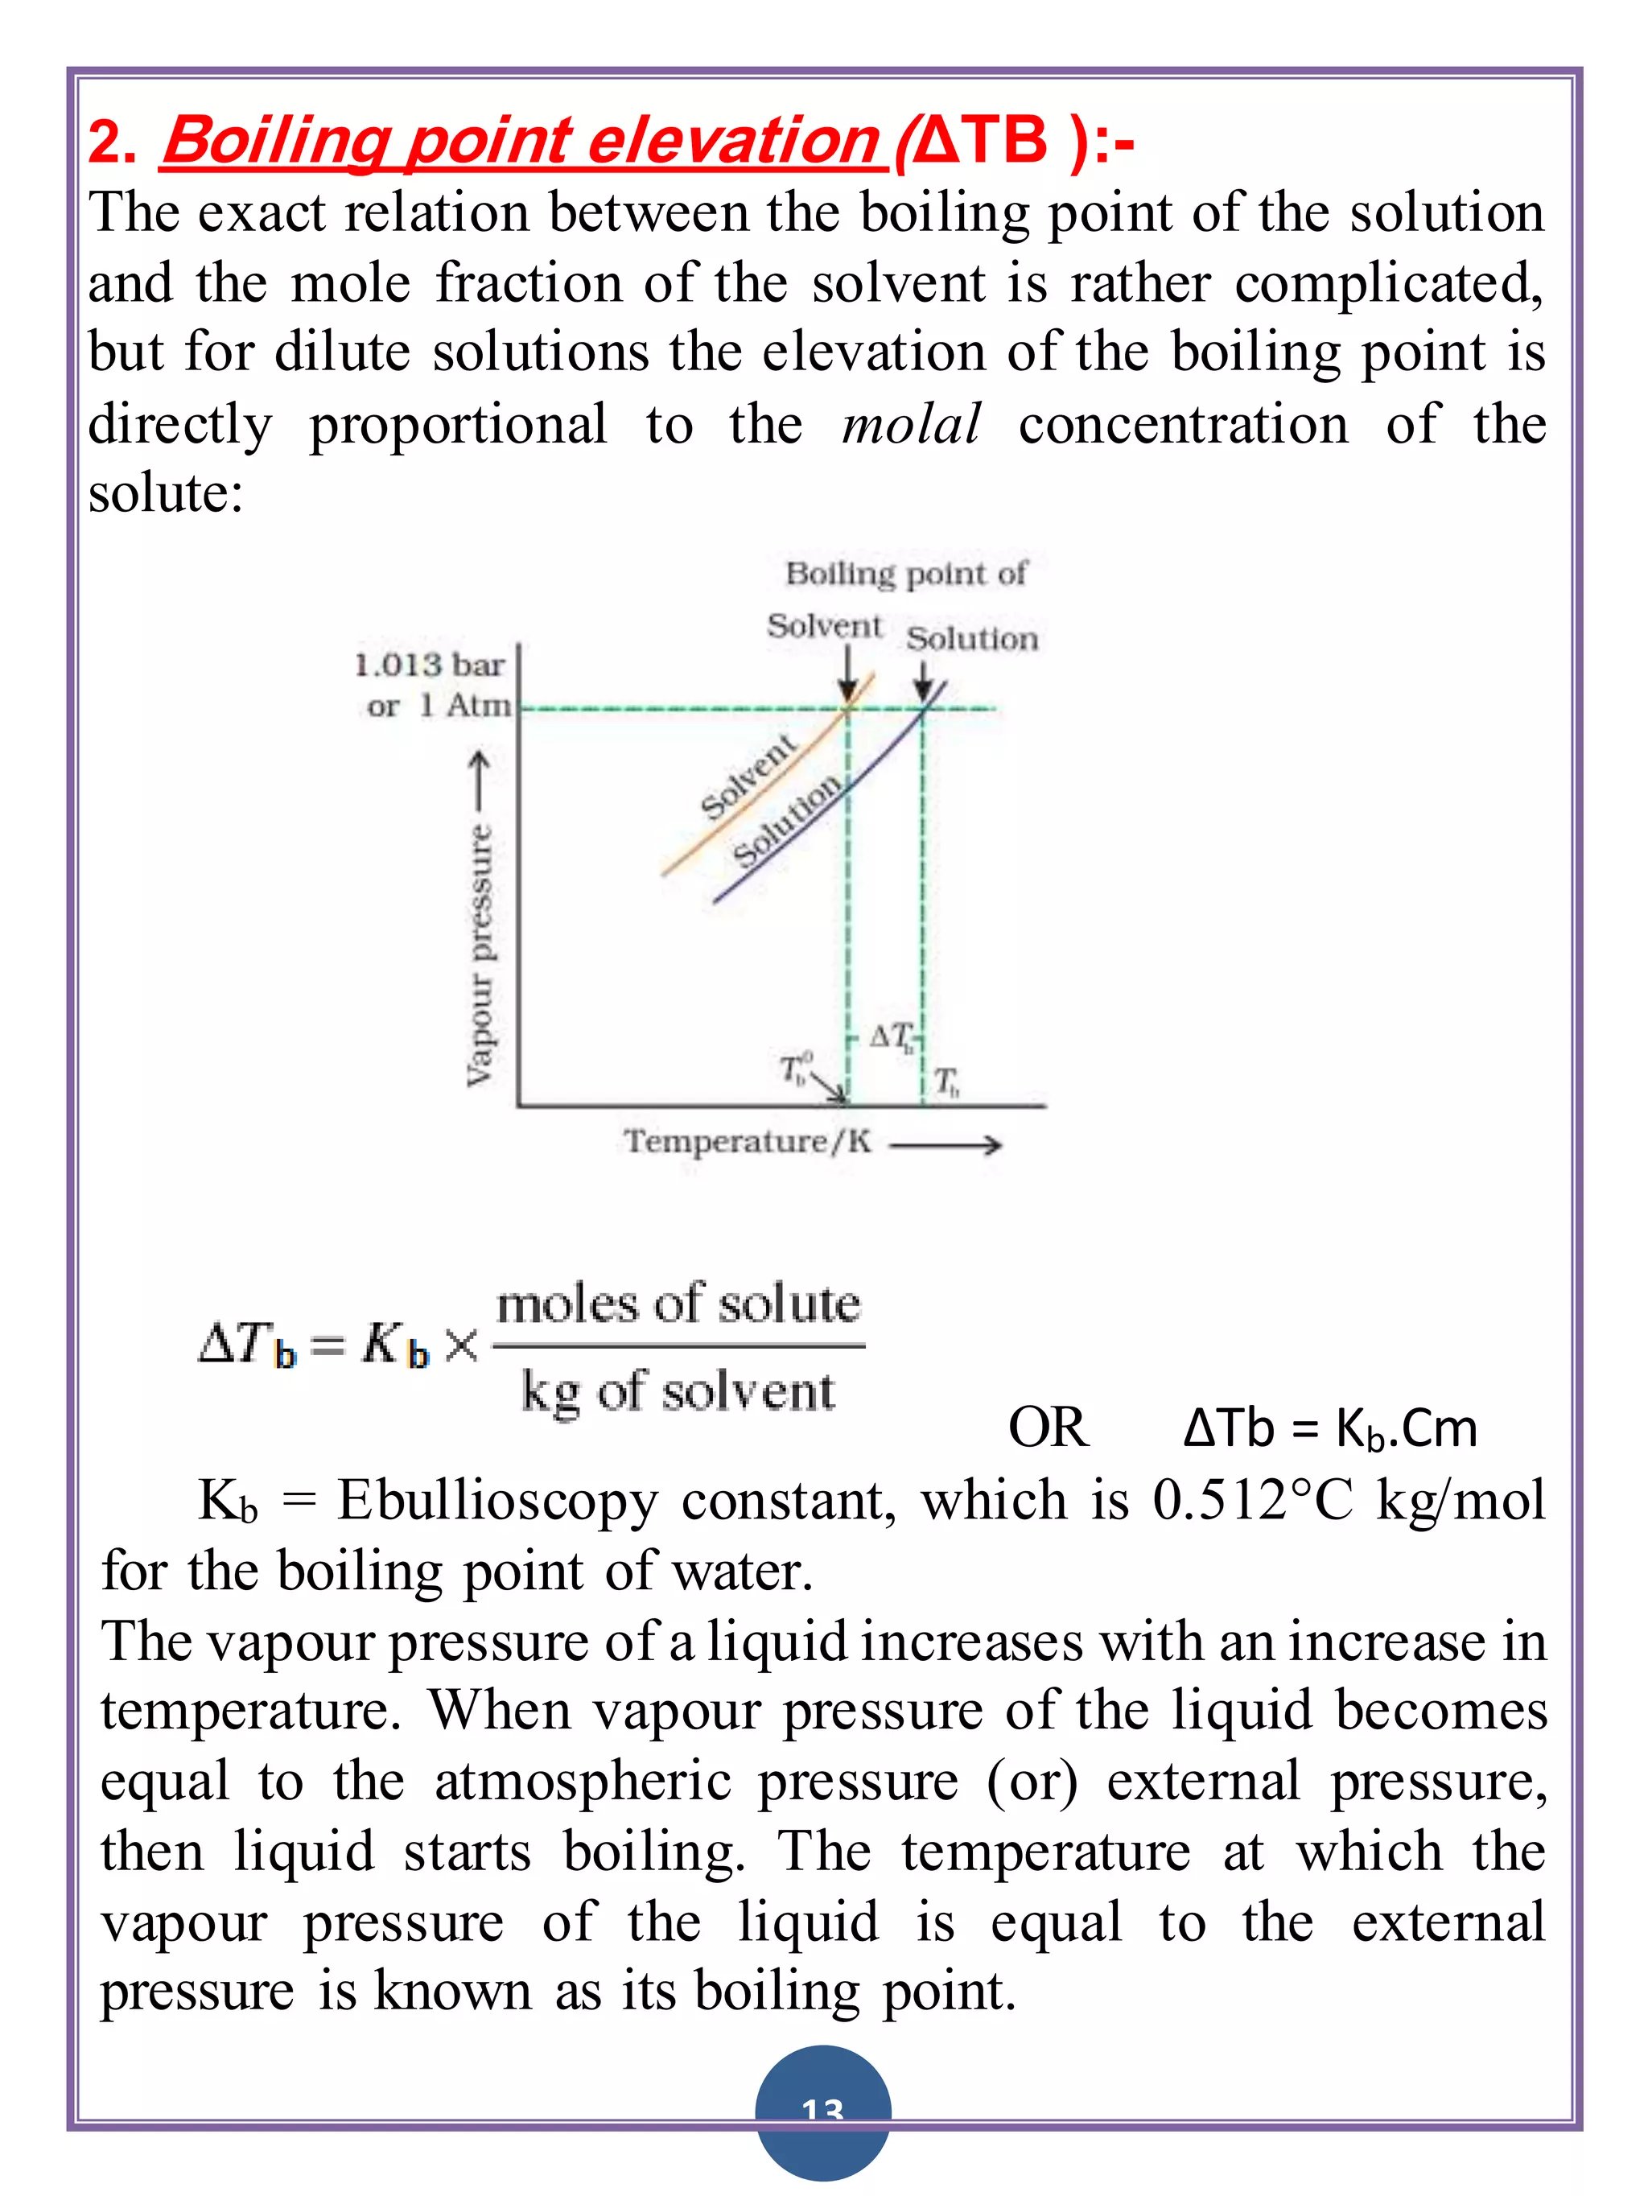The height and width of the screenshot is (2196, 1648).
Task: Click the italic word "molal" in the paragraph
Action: coord(910,425)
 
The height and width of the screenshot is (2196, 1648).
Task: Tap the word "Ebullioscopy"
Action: coord(496,1500)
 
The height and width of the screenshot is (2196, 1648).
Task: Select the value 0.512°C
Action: coord(1252,1500)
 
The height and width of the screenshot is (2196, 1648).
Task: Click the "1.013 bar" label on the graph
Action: coord(430,664)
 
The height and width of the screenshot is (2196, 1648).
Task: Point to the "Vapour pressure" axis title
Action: coord(480,953)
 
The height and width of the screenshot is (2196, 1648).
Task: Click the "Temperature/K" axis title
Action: coord(748,1142)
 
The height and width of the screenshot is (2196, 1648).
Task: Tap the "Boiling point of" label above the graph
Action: coord(905,574)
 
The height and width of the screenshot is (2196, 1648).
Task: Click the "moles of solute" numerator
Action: coord(678,1304)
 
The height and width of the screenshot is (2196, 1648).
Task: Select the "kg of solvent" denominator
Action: coord(678,1391)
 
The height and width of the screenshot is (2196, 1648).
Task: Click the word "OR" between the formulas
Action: coord(1048,1428)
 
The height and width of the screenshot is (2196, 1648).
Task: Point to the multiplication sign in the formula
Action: coord(460,1346)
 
